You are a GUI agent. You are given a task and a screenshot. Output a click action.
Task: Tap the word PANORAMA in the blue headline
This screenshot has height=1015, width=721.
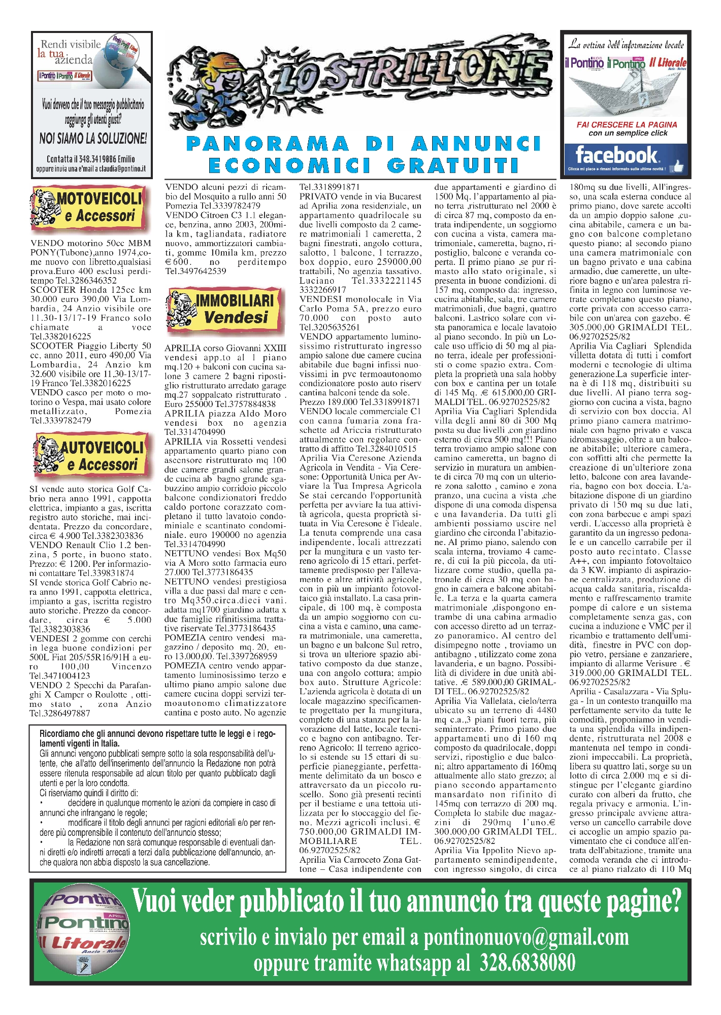point(268,144)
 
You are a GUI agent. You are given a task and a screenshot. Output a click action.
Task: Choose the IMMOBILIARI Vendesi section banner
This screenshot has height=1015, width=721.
point(224,309)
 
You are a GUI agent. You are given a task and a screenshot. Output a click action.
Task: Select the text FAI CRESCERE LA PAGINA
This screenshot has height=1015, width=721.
point(627,124)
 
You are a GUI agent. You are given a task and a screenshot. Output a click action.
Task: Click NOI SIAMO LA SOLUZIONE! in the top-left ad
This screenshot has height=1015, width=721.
point(93,138)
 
